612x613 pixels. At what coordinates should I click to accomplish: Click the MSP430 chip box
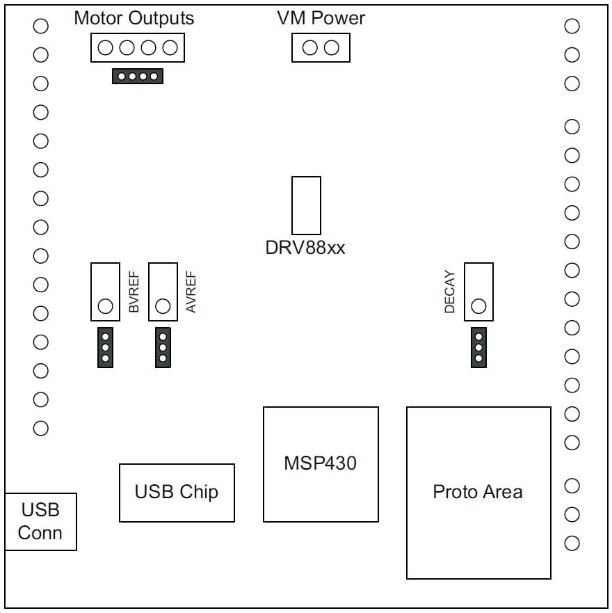coord(321,464)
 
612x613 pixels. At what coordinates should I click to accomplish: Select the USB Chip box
coord(177,493)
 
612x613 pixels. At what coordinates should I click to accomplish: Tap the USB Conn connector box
coord(40,521)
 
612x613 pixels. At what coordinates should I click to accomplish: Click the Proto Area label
coord(477,492)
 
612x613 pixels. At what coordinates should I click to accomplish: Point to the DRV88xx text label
coord(305,248)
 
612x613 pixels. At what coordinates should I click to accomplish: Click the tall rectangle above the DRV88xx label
coord(306,205)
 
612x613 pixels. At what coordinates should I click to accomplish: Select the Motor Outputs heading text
coord(134,18)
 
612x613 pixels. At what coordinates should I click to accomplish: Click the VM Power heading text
coord(321,18)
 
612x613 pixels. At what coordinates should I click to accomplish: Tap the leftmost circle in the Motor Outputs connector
coord(105,47)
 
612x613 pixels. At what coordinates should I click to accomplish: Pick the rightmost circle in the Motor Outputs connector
coord(169,47)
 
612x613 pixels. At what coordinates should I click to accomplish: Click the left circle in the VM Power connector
coord(310,47)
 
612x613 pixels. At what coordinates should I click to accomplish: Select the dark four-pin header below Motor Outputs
coord(138,76)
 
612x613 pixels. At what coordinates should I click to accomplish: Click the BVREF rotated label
coord(135,292)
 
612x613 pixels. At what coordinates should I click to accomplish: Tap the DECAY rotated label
coord(450,292)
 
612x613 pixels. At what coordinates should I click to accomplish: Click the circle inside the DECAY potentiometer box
coord(478,306)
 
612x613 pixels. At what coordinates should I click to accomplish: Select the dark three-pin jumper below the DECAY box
coord(478,347)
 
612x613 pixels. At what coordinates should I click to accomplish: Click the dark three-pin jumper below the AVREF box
coord(163,347)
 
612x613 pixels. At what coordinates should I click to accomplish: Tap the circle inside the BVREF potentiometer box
coord(105,306)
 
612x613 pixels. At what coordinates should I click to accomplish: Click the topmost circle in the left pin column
coord(41,26)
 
